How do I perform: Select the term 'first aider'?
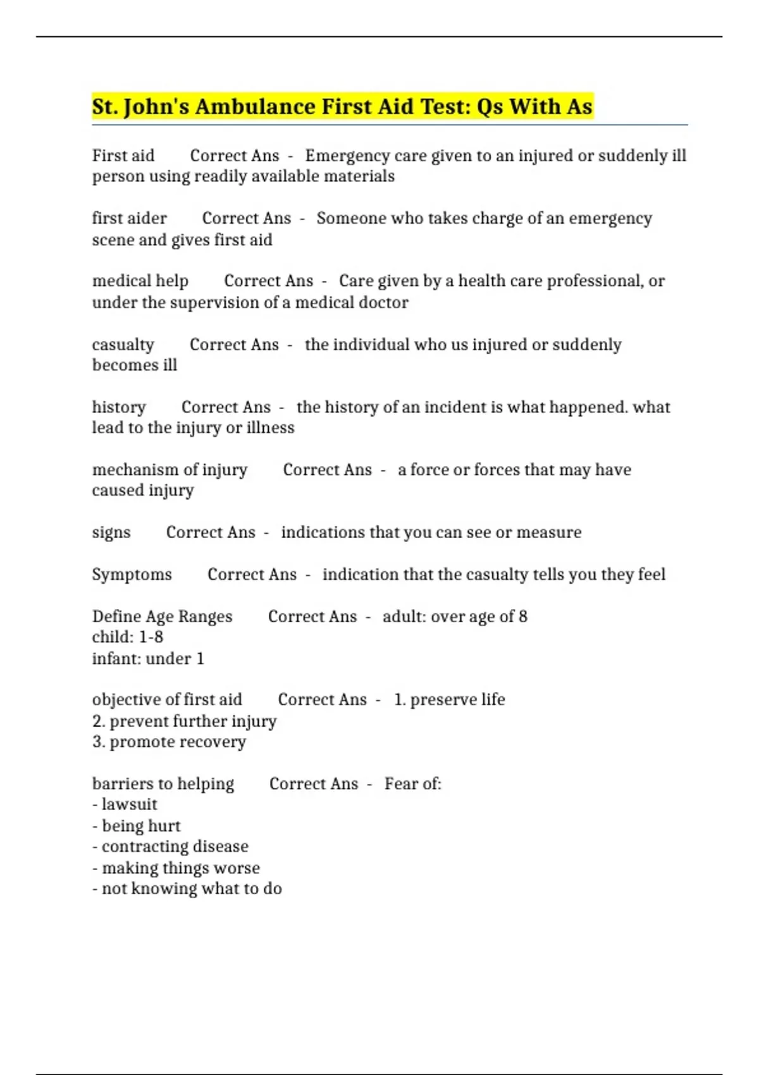[x=129, y=218]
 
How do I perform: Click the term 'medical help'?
[x=140, y=281]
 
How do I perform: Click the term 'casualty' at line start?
[x=123, y=345]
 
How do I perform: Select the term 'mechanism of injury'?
[x=170, y=470]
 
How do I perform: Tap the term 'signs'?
[x=111, y=532]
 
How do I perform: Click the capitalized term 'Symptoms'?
[x=132, y=574]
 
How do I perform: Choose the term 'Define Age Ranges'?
[x=162, y=617]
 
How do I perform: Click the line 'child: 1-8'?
[x=127, y=637]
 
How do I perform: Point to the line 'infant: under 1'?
[x=148, y=658]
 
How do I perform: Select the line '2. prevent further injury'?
[x=184, y=721]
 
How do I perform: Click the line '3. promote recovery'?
[x=169, y=742]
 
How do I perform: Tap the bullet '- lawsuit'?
[x=125, y=804]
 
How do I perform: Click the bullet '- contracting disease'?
[x=170, y=846]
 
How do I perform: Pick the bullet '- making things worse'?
[x=176, y=868]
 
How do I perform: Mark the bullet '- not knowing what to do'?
[x=187, y=888]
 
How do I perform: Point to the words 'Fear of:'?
[x=412, y=784]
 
